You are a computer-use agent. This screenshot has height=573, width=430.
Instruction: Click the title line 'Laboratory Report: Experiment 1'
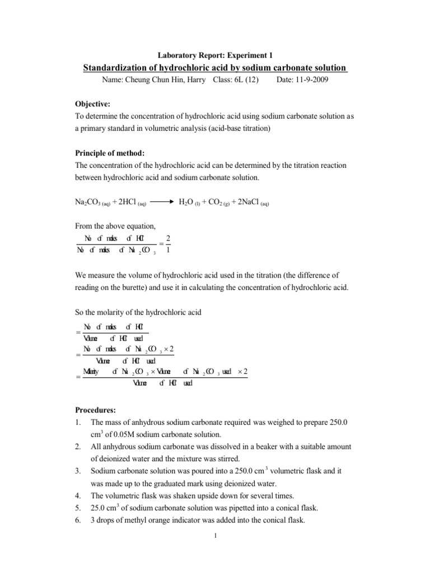pyautogui.click(x=214, y=55)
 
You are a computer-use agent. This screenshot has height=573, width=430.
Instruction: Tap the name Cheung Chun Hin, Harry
pyautogui.click(x=165, y=80)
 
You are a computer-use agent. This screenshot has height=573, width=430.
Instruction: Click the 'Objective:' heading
pyautogui.click(x=93, y=104)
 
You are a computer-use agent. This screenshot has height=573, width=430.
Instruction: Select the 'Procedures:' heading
pyautogui.click(x=96, y=410)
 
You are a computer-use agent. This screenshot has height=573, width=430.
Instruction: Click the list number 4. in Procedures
pyautogui.click(x=78, y=496)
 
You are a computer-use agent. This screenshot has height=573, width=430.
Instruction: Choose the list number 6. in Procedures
pyautogui.click(x=78, y=520)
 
